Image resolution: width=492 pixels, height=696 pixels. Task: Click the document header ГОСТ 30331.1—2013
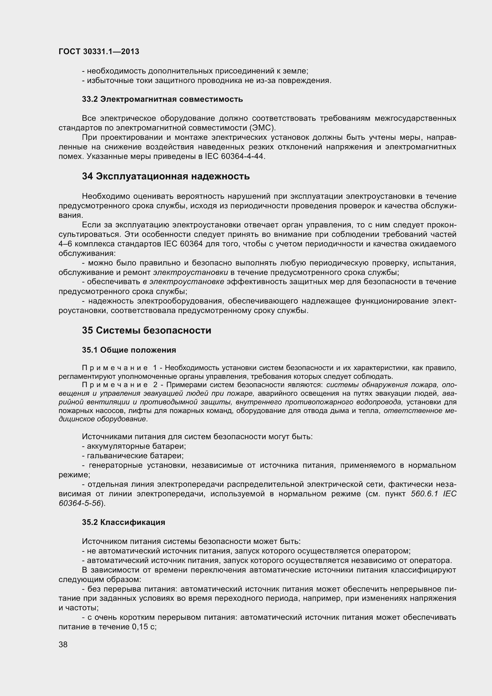pos(99,51)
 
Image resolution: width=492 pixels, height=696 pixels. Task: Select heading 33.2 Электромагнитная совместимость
pos(162,99)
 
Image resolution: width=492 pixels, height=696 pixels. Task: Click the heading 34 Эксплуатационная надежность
pos(166,176)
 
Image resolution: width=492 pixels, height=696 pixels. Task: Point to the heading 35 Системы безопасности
pos(147,330)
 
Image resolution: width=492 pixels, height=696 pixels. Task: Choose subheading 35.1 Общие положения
pos(129,350)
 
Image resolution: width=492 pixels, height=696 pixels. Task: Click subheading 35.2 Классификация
pos(124,522)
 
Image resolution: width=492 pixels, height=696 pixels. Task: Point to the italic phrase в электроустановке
pos(183,282)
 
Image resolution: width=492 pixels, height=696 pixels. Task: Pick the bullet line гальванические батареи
pos(135,456)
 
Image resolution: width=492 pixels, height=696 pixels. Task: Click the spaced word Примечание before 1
pos(115,368)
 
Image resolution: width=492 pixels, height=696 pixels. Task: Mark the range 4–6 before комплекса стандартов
pos(65,244)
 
